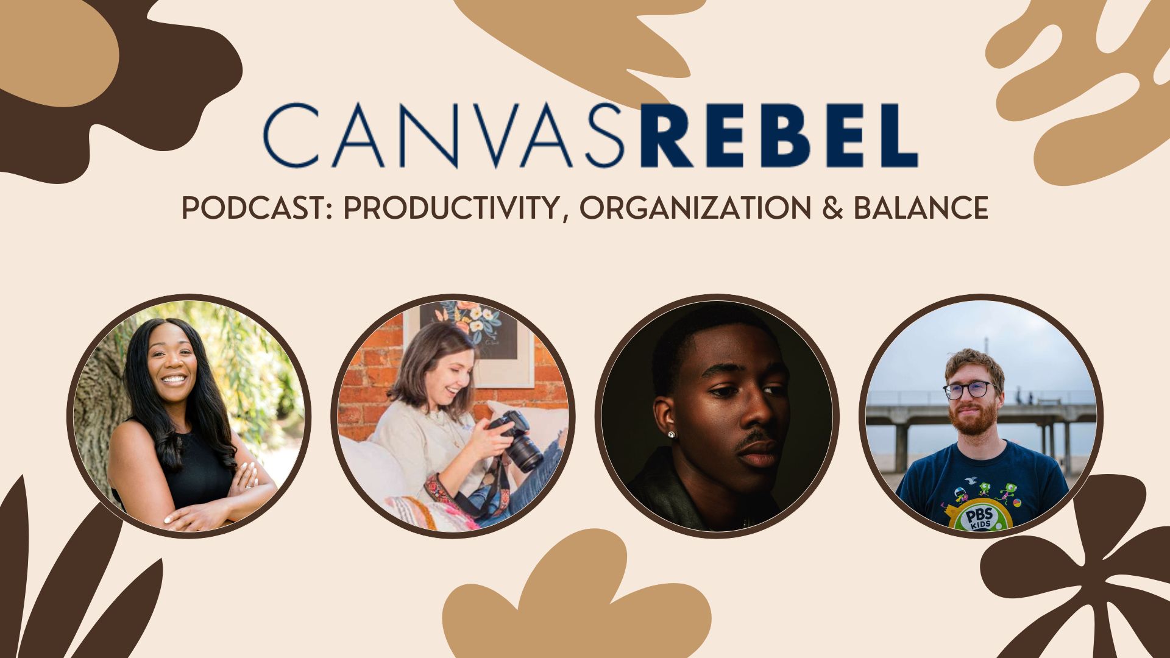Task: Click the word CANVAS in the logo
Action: coord(444,135)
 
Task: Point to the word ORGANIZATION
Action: coord(695,209)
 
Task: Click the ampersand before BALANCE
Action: coord(832,209)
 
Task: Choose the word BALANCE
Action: coord(920,209)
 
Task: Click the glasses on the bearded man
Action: coord(970,389)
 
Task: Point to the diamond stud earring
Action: coord(672,434)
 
